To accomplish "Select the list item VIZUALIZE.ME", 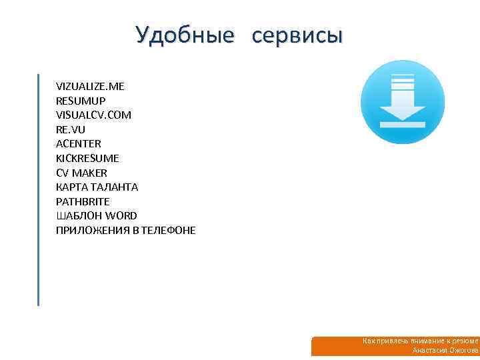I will click(x=90, y=87).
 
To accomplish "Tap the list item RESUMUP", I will click(x=81, y=101).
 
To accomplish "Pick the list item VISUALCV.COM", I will click(x=94, y=115).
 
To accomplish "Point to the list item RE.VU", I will click(x=71, y=129).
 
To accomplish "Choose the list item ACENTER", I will click(x=79, y=144).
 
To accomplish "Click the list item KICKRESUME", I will click(x=87, y=159).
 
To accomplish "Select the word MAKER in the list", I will click(x=89, y=173).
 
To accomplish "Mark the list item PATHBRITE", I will click(x=83, y=201).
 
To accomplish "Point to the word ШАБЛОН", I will click(x=78, y=216).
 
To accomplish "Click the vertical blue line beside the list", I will click(x=39, y=189).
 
